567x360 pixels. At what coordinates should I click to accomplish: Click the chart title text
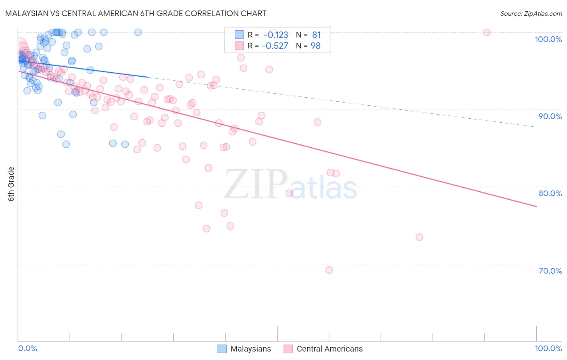coord(135,13)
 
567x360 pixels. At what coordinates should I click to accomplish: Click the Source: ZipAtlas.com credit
coord(531,13)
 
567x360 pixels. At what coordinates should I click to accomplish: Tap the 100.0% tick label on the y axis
coord(548,39)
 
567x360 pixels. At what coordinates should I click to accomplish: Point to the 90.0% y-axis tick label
coord(550,116)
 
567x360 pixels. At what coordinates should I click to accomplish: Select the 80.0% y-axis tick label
coord(550,193)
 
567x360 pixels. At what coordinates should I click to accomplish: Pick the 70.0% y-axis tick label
coord(550,271)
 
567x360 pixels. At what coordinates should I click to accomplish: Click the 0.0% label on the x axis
coord(27,348)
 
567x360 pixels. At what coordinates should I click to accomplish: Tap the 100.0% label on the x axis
coord(548,348)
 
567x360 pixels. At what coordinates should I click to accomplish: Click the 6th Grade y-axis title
coord(11,184)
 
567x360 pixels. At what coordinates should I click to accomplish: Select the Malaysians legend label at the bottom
coord(250,349)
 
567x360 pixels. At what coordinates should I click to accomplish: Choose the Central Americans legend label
coord(329,349)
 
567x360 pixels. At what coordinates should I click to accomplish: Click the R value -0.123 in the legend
coord(276,35)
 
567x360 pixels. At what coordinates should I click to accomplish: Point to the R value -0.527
coord(275,46)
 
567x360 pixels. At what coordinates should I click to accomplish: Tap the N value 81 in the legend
coord(316,35)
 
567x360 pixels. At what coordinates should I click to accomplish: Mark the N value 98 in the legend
coord(315,46)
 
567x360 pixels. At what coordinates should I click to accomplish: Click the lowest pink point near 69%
coord(329,270)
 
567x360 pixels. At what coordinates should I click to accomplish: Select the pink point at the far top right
coord(487,32)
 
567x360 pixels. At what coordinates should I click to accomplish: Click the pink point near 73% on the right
coord(419,237)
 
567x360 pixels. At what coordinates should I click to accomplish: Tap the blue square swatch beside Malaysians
coord(222,349)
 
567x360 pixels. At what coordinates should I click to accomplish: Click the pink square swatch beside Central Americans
coord(288,349)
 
